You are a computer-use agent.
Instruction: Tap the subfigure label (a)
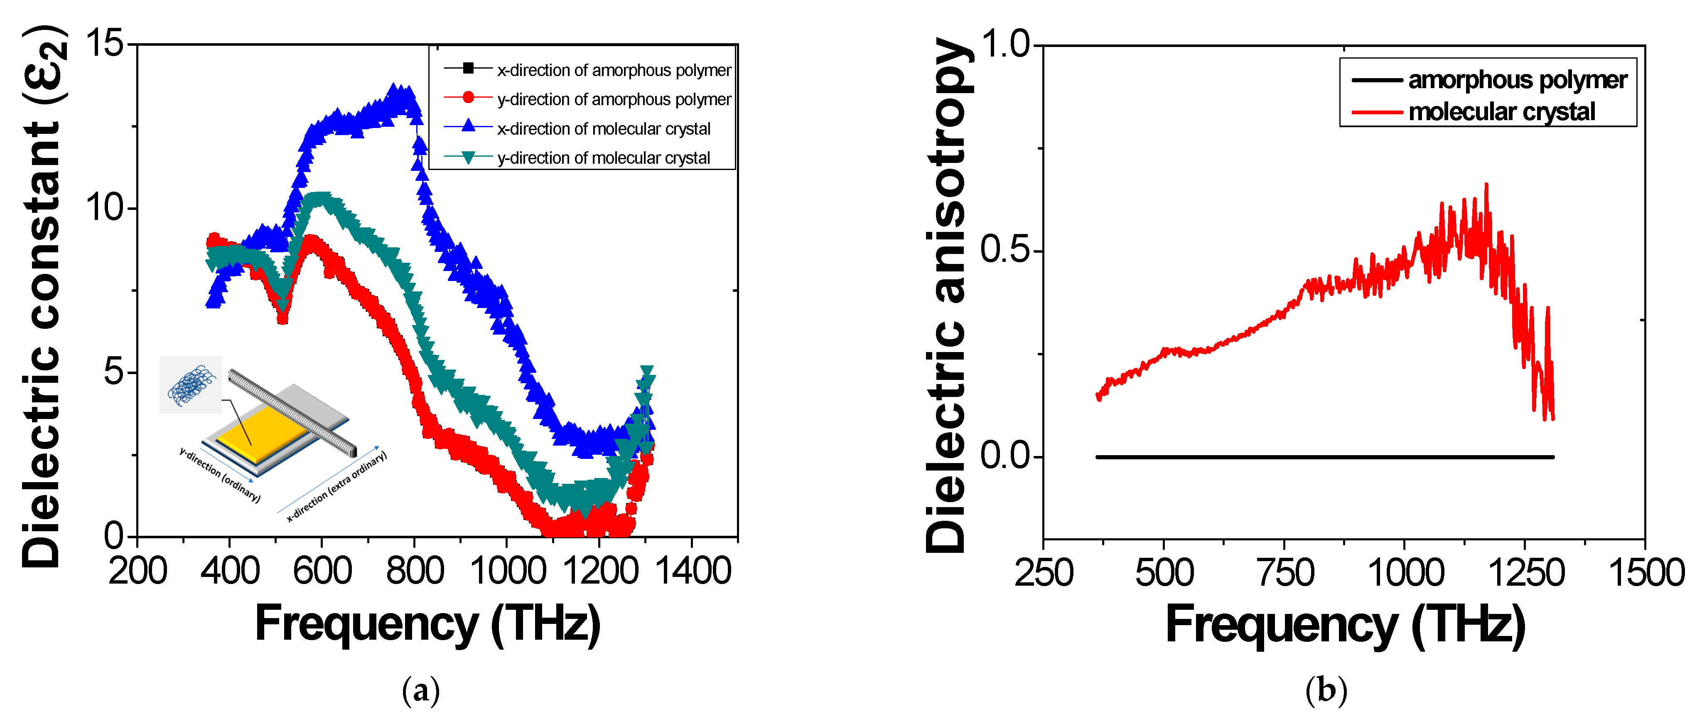420,691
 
